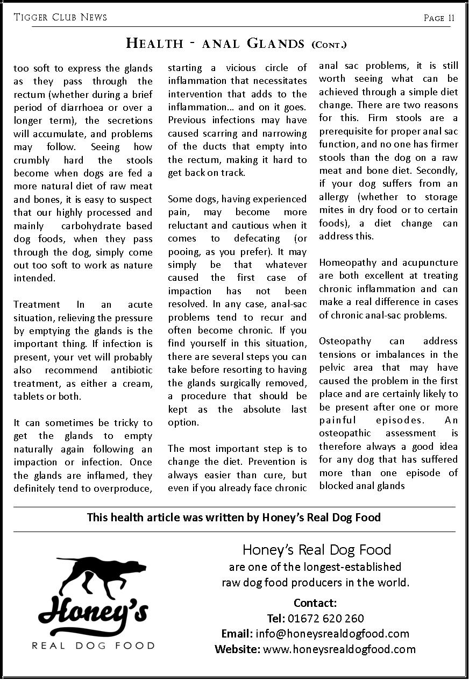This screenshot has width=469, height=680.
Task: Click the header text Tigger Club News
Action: [x=60, y=17]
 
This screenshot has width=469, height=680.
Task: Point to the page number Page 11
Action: [x=439, y=18]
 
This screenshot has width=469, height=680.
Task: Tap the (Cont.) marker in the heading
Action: [x=329, y=44]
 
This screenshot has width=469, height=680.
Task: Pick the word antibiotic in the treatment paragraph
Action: [x=132, y=370]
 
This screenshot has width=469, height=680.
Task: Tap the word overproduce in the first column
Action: [x=124, y=488]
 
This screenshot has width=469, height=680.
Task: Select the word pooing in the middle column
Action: [x=184, y=252]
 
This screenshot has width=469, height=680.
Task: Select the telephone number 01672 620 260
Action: [x=326, y=619]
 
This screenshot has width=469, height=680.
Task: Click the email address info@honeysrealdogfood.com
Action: [x=332, y=634]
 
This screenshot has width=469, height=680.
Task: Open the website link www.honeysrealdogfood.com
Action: [x=339, y=649]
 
